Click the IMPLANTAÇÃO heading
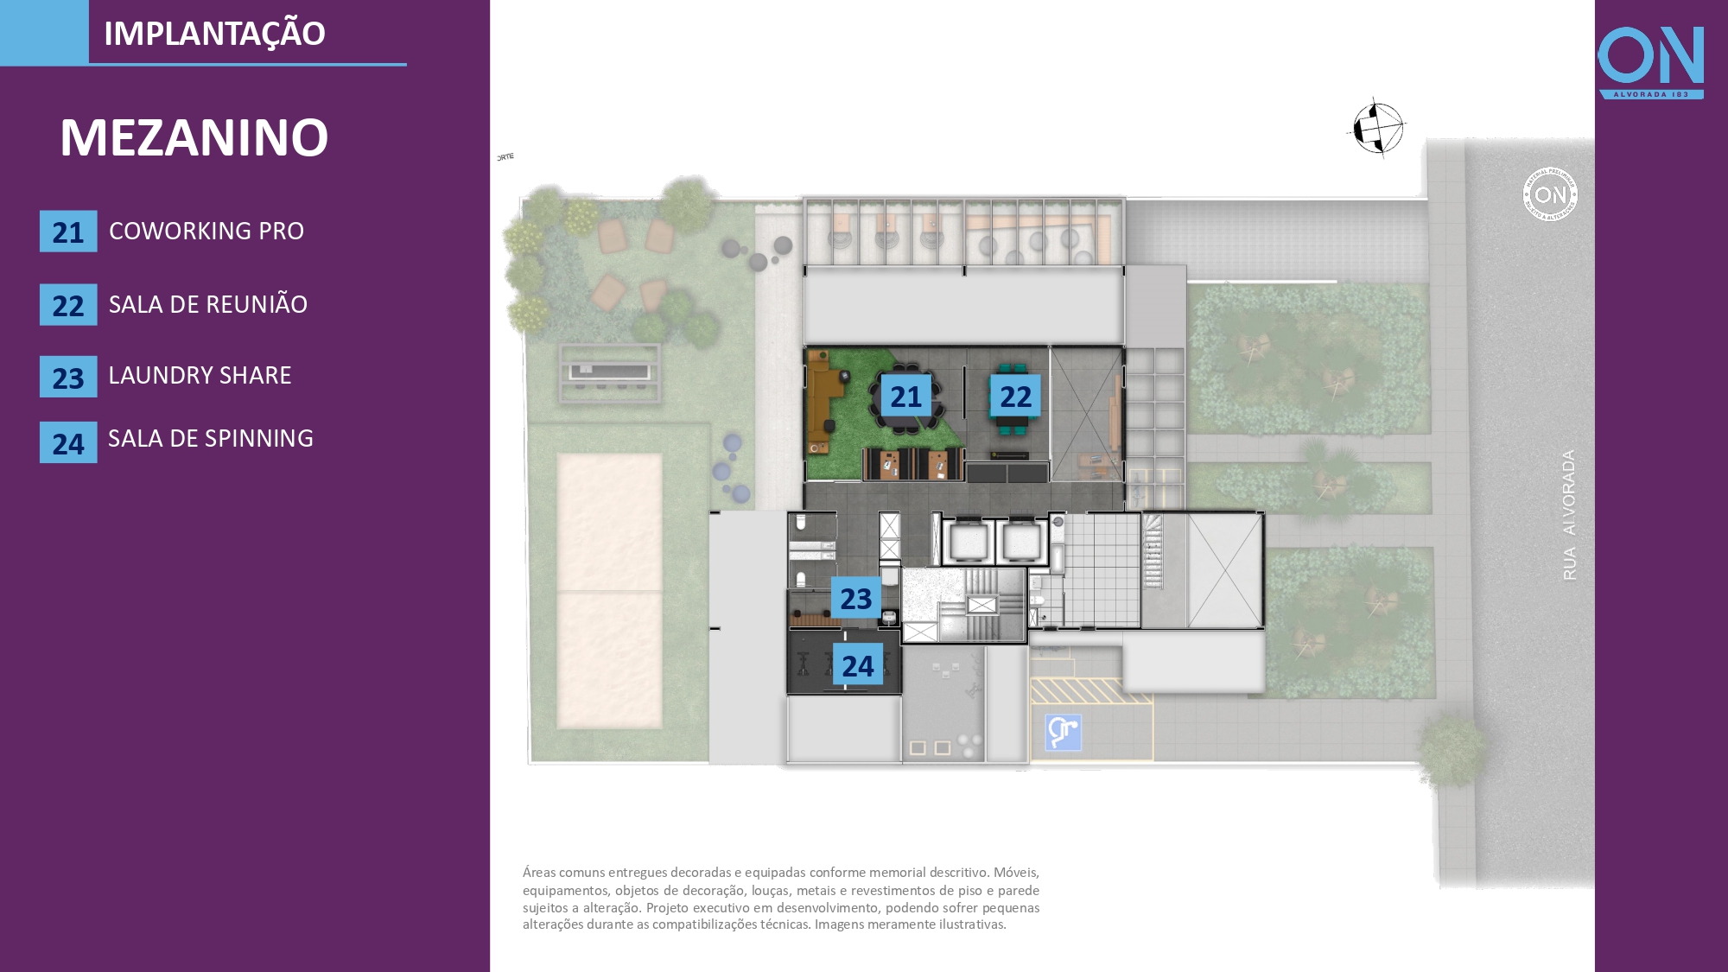click(x=214, y=34)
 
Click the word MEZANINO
click(x=194, y=137)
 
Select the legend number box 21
click(x=68, y=232)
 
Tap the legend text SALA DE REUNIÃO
click(x=207, y=304)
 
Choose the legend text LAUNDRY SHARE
click(x=200, y=375)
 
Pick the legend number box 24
click(x=68, y=443)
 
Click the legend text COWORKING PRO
click(x=206, y=231)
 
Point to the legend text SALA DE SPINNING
click(x=210, y=438)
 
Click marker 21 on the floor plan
click(x=905, y=396)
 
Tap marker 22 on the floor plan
click(x=1015, y=396)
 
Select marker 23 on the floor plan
click(x=855, y=598)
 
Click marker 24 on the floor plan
click(x=857, y=664)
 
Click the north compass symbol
click(x=1377, y=128)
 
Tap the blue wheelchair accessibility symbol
click(x=1063, y=732)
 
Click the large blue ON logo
click(x=1650, y=59)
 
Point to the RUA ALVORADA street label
click(x=1569, y=515)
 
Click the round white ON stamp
click(x=1550, y=194)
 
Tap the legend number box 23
click(x=68, y=378)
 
